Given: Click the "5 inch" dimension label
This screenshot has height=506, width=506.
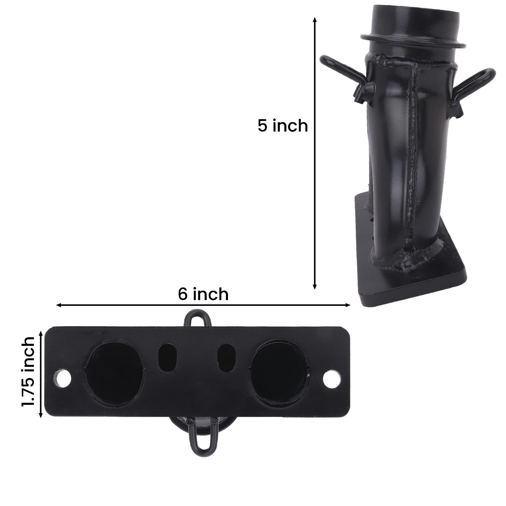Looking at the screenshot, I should [282, 126].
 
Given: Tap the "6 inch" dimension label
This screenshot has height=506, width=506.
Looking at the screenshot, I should [203, 294].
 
